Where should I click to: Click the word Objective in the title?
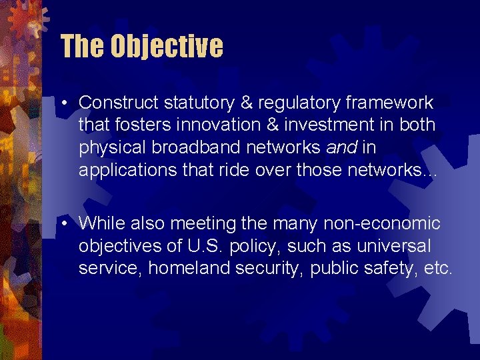click(x=167, y=47)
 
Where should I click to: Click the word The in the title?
click(x=83, y=47)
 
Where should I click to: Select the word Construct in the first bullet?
click(x=117, y=103)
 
